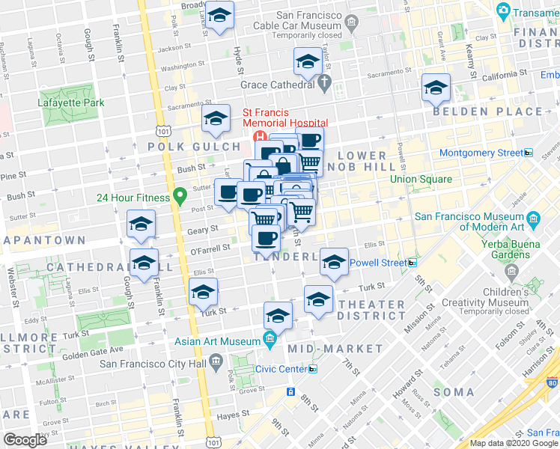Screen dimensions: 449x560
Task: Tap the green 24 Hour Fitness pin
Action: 179,198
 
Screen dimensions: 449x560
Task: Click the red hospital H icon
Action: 261,137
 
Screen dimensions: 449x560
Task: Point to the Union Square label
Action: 421,179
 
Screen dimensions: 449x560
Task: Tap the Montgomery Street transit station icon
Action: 528,153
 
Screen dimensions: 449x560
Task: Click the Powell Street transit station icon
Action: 413,263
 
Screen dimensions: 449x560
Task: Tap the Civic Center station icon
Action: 313,369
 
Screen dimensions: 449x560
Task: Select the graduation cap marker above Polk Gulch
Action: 216,118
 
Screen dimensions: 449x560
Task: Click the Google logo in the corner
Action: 25,440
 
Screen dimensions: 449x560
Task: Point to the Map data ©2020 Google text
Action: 513,443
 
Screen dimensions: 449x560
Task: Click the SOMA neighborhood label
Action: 454,391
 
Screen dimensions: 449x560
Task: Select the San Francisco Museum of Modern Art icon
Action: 533,219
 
